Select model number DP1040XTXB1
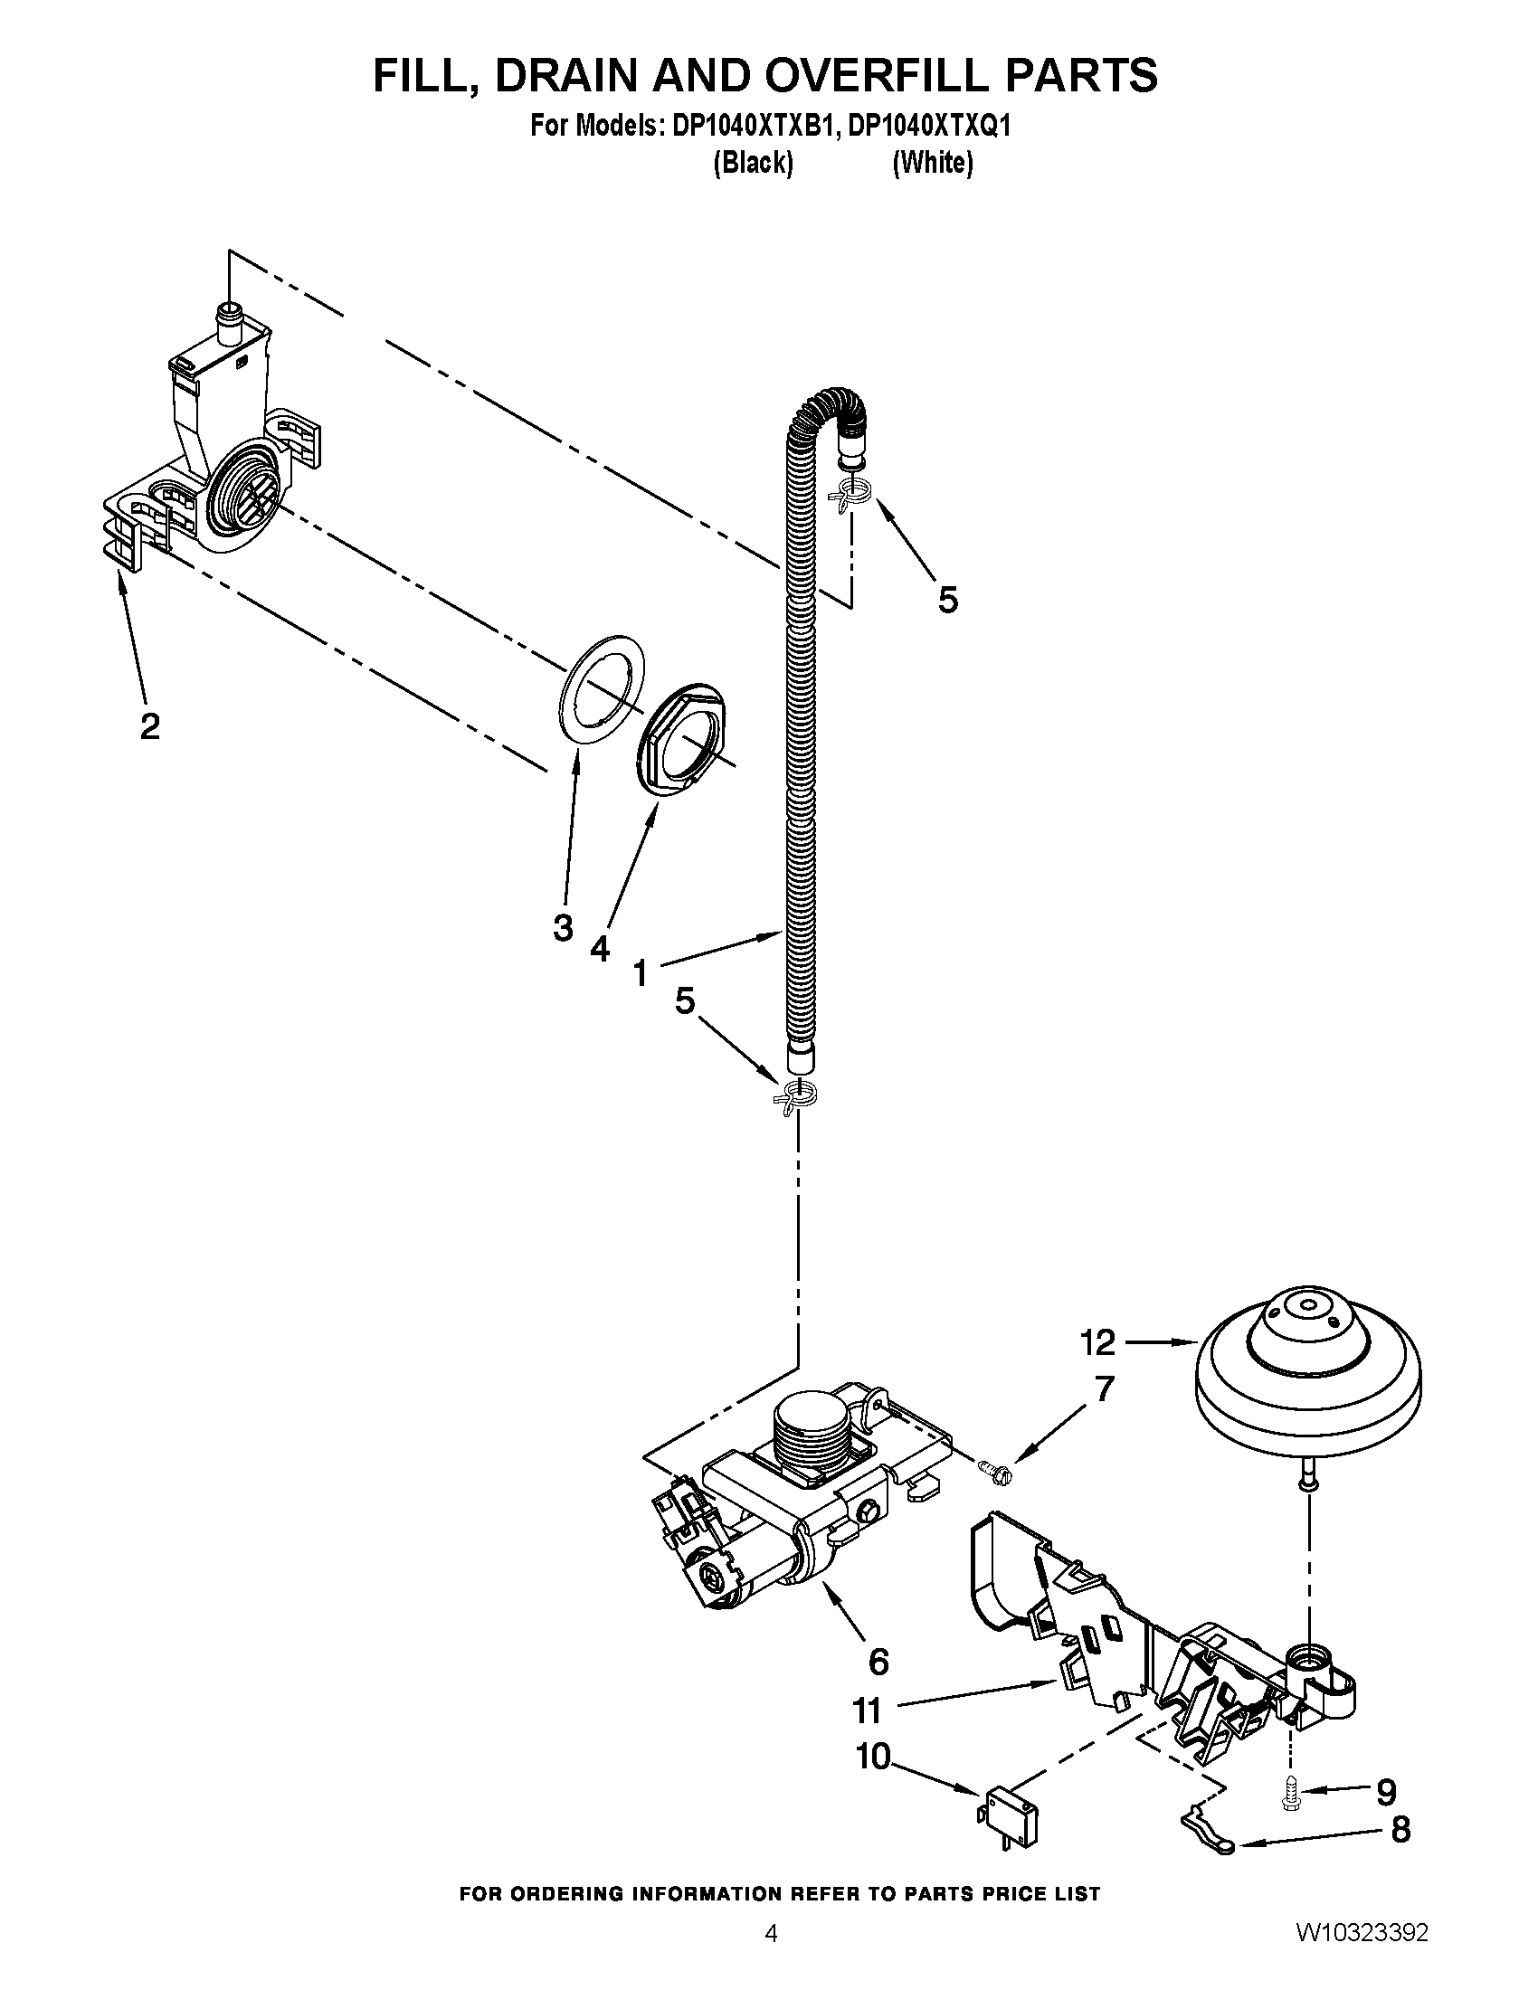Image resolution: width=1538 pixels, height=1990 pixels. click(753, 126)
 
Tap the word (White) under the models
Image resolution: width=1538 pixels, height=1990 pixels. click(932, 163)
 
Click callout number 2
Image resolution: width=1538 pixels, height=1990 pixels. click(150, 726)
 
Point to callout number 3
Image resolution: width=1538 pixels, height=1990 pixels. click(563, 928)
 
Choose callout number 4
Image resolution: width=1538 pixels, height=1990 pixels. click(600, 949)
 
